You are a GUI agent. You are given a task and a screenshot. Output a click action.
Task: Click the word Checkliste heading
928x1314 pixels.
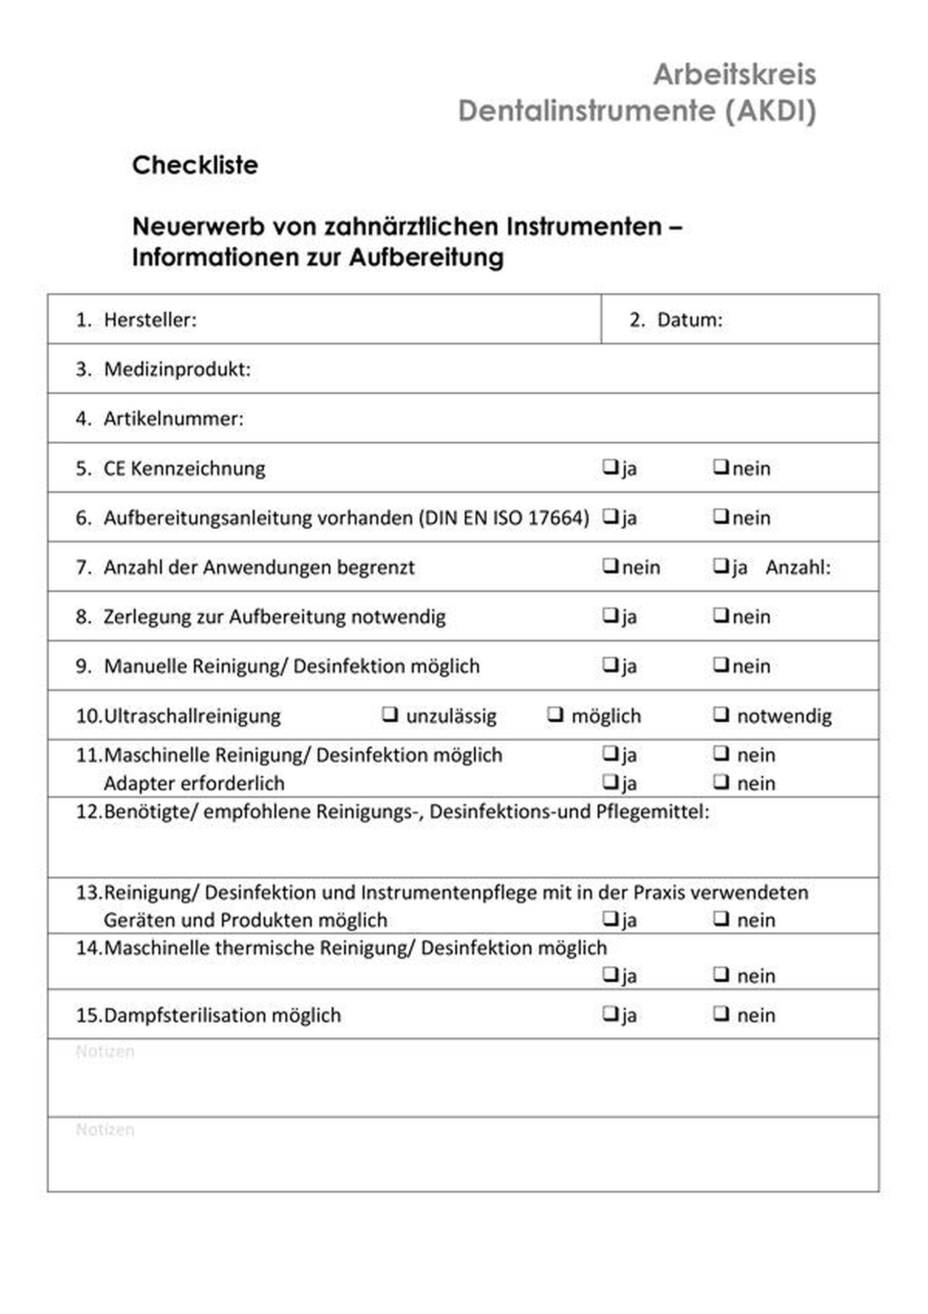pos(194,165)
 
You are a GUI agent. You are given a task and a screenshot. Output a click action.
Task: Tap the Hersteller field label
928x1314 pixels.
pos(150,320)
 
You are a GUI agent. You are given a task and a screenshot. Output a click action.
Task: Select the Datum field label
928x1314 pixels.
pos(690,320)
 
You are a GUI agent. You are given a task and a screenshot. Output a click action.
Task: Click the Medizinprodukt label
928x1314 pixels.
pos(177,369)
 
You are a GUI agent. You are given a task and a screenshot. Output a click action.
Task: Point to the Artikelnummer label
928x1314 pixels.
pos(173,418)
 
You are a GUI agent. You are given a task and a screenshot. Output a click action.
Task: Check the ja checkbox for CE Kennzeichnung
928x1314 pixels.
pos(610,467)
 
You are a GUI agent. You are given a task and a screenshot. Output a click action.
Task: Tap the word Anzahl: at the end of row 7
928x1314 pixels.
pos(798,567)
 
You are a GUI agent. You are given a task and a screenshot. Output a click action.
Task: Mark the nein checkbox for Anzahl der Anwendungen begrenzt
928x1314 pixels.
pos(610,565)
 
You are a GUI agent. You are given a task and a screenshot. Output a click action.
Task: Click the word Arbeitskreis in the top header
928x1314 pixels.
pos(735,74)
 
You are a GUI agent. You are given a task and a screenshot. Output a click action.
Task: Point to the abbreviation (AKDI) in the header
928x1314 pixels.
pos(771,110)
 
